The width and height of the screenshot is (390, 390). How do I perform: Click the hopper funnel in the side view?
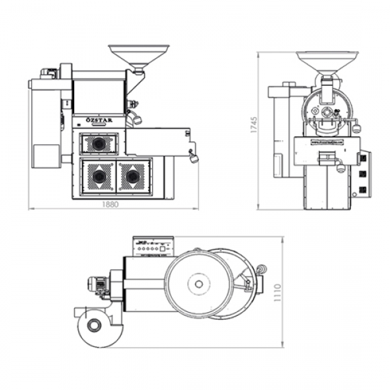[327, 60]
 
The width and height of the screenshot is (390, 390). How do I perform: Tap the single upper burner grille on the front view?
[99, 144]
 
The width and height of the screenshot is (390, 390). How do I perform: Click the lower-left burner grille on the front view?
[99, 175]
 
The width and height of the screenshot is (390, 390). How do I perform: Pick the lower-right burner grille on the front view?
[133, 175]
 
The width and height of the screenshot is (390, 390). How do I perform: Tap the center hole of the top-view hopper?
[196, 283]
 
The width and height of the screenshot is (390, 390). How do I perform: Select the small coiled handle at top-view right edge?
[262, 268]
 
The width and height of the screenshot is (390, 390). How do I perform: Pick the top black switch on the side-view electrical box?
[363, 158]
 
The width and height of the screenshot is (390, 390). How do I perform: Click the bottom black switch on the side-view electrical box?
[363, 189]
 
